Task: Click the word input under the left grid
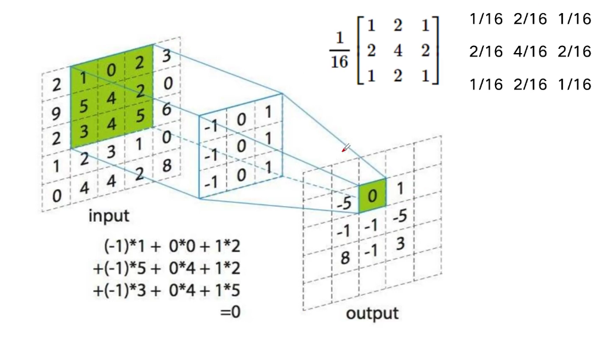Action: pyautogui.click(x=109, y=215)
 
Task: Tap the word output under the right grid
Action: pyautogui.click(x=372, y=314)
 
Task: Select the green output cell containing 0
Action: pyautogui.click(x=372, y=196)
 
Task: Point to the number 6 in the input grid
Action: pyautogui.click(x=167, y=109)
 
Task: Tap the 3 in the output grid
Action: pyautogui.click(x=401, y=243)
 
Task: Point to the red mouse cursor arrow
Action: pyautogui.click(x=345, y=148)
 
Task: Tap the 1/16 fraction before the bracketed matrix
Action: pyautogui.click(x=339, y=51)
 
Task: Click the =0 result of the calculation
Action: pyautogui.click(x=230, y=311)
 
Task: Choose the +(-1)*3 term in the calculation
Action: pyautogui.click(x=119, y=290)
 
